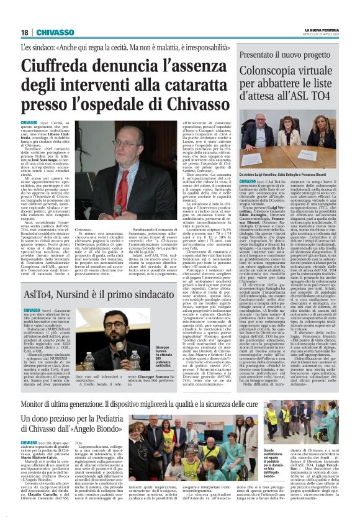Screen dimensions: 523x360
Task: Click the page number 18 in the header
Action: [25, 32]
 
